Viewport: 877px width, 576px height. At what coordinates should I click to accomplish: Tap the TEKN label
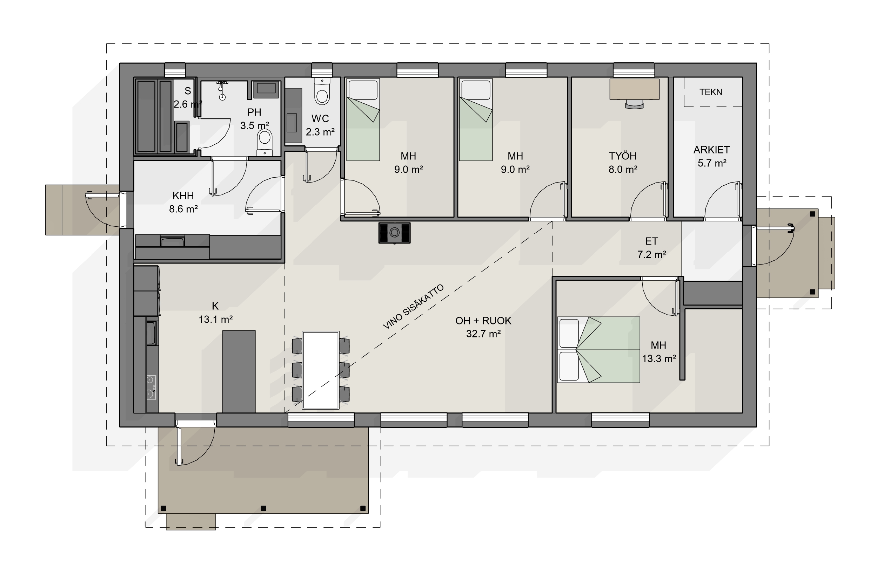click(x=710, y=92)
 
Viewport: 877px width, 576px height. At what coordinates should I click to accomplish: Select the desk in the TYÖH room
click(x=634, y=89)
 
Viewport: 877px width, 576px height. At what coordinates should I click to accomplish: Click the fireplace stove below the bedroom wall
click(x=394, y=233)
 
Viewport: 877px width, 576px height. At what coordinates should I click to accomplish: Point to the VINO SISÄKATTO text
click(x=413, y=307)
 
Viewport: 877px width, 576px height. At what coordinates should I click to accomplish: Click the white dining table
click(x=321, y=370)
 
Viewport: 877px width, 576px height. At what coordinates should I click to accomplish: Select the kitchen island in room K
click(x=239, y=371)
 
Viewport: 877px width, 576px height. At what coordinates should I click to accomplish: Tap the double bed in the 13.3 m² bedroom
click(x=598, y=350)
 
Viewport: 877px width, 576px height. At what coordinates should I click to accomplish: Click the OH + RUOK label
click(x=483, y=321)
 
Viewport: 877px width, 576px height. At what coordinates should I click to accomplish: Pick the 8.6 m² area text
click(x=183, y=209)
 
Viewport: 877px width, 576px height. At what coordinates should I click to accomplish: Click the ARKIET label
click(x=711, y=150)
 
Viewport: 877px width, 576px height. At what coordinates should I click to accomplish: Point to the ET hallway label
click(x=651, y=241)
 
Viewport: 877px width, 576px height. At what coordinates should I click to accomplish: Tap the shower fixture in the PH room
click(x=222, y=90)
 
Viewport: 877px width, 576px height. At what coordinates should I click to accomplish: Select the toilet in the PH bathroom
click(x=264, y=143)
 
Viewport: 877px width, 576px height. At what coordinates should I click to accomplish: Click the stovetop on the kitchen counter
click(x=152, y=387)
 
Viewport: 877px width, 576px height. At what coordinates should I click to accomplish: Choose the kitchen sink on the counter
click(x=151, y=333)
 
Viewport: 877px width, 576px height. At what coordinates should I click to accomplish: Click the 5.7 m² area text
click(x=712, y=163)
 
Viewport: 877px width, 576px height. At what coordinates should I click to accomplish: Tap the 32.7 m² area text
click(x=483, y=334)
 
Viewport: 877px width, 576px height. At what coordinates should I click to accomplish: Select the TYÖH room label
click(x=622, y=156)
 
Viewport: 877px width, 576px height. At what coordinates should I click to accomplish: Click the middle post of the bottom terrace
click(x=263, y=508)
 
